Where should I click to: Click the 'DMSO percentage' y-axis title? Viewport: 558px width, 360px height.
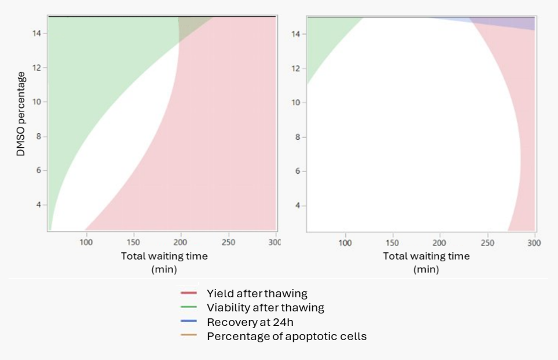[21, 114]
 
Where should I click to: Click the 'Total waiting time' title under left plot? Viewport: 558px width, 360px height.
[164, 256]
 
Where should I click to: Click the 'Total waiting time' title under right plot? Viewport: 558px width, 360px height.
[426, 256]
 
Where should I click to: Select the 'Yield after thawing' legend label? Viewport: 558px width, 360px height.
[257, 293]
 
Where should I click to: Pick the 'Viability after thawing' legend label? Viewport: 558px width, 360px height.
[265, 307]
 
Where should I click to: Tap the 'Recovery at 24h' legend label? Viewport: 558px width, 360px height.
[250, 322]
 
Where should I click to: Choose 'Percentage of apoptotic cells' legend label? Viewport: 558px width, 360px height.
[287, 336]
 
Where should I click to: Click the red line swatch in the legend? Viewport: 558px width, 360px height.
[189, 293]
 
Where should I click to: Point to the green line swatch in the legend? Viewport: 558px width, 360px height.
[189, 307]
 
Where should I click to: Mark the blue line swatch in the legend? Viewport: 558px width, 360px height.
[189, 321]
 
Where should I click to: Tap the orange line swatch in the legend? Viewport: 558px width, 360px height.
[189, 335]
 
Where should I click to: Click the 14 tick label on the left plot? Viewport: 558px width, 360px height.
[36, 33]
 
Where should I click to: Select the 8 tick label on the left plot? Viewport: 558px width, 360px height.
[38, 136]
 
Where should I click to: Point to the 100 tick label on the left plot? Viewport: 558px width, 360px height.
[86, 242]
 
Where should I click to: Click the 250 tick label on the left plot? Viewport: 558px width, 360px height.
[228, 242]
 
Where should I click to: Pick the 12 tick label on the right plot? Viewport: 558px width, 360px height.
[296, 69]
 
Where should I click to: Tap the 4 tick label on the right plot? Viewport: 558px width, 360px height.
[297, 206]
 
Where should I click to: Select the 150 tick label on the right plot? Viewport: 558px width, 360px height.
[392, 243]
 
